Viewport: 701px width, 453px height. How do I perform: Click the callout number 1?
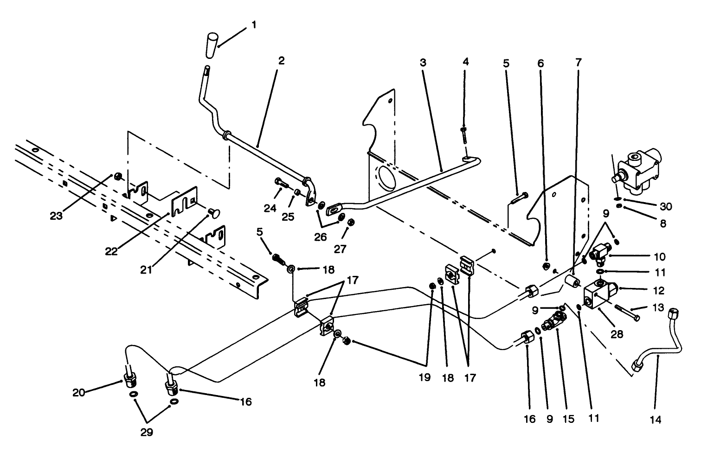(253, 24)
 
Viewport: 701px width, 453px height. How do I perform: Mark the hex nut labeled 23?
(118, 176)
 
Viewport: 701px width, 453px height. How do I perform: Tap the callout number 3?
(423, 62)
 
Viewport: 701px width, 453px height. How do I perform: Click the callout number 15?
(568, 419)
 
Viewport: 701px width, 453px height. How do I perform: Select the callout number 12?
(658, 291)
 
